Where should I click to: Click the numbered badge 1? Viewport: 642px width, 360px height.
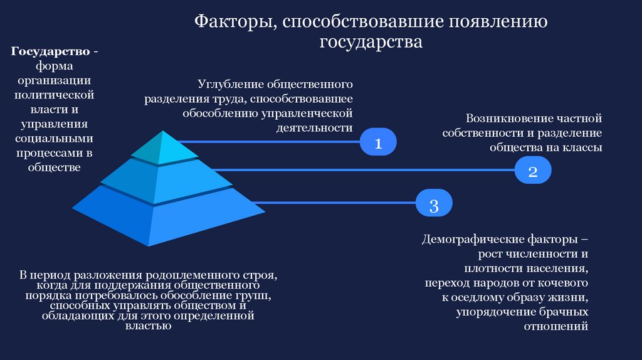(x=378, y=143)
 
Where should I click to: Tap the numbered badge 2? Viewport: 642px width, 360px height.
(x=533, y=171)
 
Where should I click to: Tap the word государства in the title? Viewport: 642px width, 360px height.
(x=371, y=42)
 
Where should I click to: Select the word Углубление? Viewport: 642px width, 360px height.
(x=231, y=83)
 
